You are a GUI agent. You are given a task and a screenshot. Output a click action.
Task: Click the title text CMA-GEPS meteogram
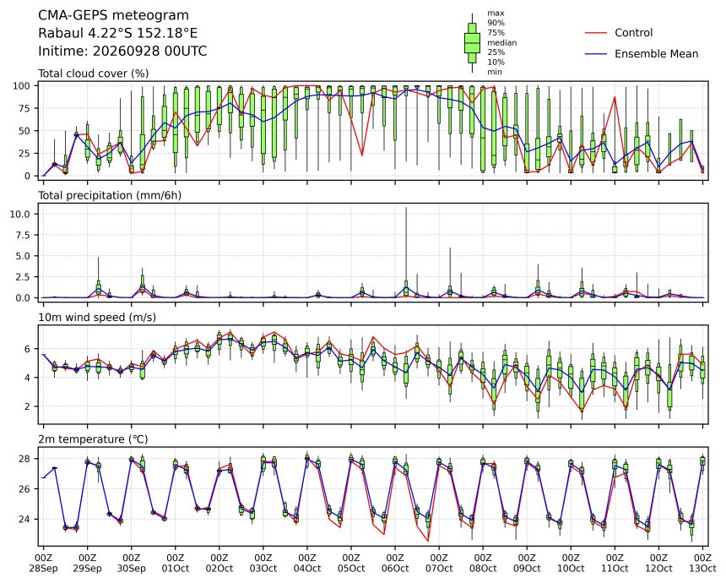pos(113,15)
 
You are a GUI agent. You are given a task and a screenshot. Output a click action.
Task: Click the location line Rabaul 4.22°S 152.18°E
pos(117,33)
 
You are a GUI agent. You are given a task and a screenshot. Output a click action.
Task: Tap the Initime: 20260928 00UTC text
pos(122,51)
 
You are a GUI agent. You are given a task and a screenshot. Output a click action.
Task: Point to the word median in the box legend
pos(502,42)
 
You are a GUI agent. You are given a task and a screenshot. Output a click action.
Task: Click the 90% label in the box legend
pos(496,23)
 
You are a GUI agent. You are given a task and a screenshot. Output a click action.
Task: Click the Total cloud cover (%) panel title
pos(93,74)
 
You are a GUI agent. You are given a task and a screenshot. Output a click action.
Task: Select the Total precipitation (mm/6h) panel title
pos(110,195)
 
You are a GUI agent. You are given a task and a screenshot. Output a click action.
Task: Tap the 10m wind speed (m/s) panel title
pos(97,318)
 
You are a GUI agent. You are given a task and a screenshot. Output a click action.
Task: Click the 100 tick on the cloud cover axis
pos(22,85)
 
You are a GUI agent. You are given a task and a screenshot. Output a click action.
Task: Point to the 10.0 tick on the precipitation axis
pos(20,214)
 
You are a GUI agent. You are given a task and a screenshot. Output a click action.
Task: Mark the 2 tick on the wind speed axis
pos(28,406)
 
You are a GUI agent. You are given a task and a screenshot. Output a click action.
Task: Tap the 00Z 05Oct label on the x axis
pos(351,563)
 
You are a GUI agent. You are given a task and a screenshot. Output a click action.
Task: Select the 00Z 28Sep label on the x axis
pos(44,563)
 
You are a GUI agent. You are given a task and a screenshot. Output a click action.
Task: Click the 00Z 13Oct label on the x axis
pos(703,563)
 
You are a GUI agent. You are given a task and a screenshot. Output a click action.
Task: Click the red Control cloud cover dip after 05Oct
pos(362,155)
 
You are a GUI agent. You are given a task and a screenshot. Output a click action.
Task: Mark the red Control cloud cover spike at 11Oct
pos(615,97)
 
